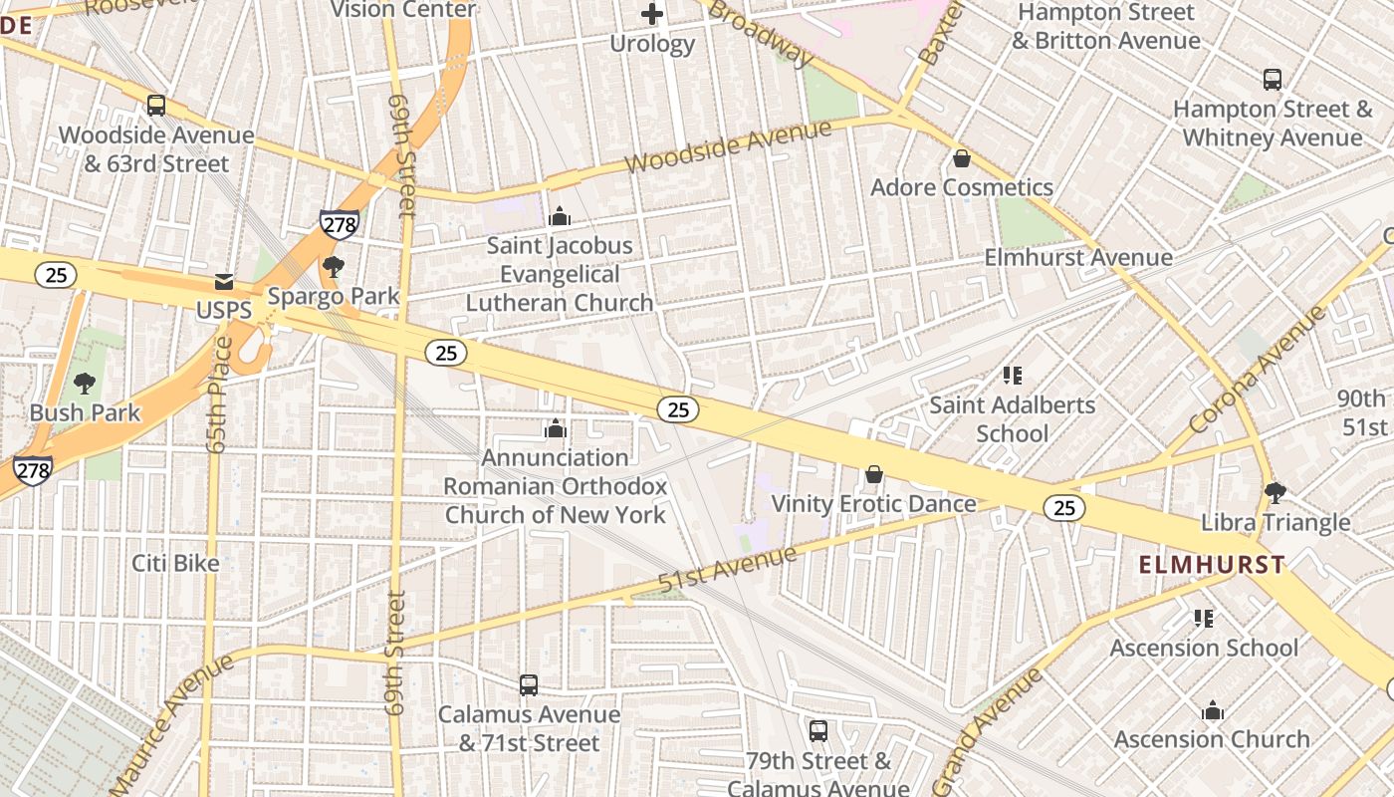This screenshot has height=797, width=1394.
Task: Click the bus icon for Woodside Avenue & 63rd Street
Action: (156, 106)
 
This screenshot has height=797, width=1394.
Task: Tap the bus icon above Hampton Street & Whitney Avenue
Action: (1272, 80)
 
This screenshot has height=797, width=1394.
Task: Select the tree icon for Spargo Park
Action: (333, 266)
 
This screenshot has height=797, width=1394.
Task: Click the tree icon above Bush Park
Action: (85, 383)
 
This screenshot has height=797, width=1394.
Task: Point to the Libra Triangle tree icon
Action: (1275, 492)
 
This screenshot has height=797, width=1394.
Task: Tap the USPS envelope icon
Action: (224, 282)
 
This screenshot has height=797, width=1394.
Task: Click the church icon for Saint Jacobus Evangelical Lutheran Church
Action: (560, 216)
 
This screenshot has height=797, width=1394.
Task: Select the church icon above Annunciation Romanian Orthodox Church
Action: (556, 428)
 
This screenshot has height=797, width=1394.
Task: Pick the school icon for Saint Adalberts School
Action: (1013, 376)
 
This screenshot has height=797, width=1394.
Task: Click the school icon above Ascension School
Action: (1204, 619)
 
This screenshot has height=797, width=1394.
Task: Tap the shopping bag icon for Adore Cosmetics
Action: (962, 158)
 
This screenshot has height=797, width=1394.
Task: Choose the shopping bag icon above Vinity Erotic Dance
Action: (874, 474)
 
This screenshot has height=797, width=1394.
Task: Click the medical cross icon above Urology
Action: (652, 14)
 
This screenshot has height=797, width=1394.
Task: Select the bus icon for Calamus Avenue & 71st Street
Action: (529, 685)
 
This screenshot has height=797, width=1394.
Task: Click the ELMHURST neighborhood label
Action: (1212, 565)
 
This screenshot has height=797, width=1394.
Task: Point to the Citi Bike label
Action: (175, 563)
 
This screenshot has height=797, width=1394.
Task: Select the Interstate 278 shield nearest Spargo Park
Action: (339, 225)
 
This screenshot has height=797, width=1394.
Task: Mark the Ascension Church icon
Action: (1212, 710)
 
